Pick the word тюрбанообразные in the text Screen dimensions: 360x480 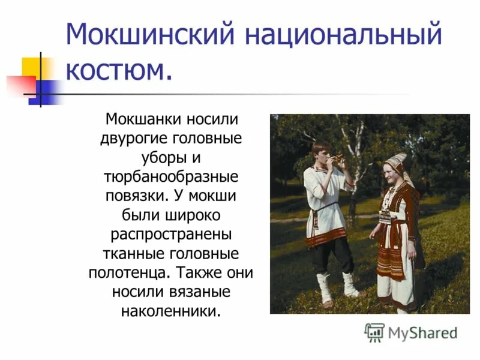(171, 178)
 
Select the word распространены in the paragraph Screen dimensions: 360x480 (171, 233)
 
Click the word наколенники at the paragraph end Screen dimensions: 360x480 (171, 311)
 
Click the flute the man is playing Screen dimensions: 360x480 (340, 158)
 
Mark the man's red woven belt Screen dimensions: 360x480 (326, 238)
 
